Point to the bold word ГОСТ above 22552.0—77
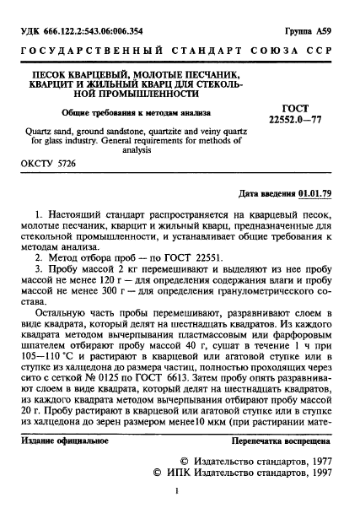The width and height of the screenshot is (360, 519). pyautogui.click(x=295, y=108)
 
